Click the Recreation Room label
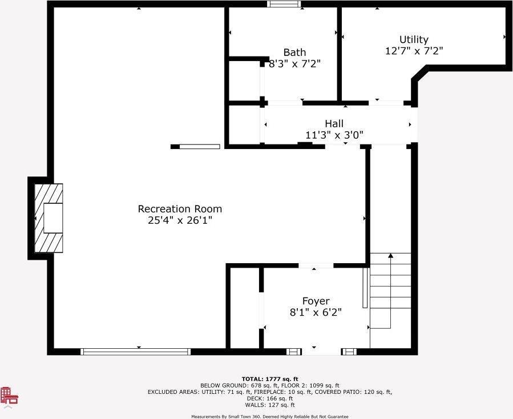pos(180,209)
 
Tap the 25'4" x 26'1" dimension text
pos(180,220)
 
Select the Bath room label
pos(294,53)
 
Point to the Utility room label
pos(414,39)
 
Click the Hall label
pos(334,124)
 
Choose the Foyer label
pos(316,301)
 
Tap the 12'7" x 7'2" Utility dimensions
pos(414,51)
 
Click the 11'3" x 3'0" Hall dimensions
pos(334,135)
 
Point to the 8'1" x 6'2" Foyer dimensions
pos(316,312)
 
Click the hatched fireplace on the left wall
pos(49,218)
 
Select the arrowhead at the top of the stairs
pos(390,255)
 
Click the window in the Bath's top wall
pos(284,4)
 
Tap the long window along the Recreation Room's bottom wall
pos(135,352)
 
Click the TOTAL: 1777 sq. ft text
pos(270,379)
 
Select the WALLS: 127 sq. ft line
pos(270,405)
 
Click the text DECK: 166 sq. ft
pos(270,398)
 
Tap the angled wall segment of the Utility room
pos(420,73)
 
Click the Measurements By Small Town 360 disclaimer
pos(270,417)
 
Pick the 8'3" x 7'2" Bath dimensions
pos(294,63)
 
